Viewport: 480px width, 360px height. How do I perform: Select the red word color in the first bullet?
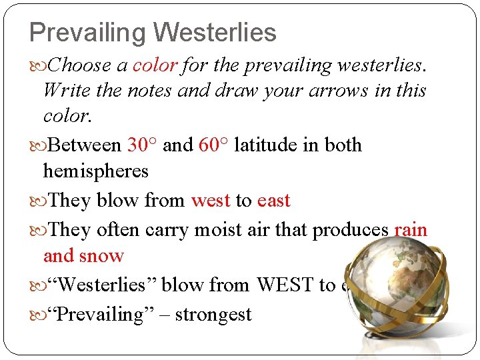[155, 65]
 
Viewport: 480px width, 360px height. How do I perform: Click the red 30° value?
[142, 145]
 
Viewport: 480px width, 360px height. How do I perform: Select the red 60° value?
[213, 145]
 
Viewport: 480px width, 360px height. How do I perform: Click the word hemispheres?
[95, 171]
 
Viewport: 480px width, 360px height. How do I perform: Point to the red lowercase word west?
[211, 200]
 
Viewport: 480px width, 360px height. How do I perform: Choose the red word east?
[273, 200]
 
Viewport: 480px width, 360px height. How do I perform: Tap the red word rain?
[410, 230]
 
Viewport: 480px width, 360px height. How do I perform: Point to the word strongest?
[214, 314]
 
